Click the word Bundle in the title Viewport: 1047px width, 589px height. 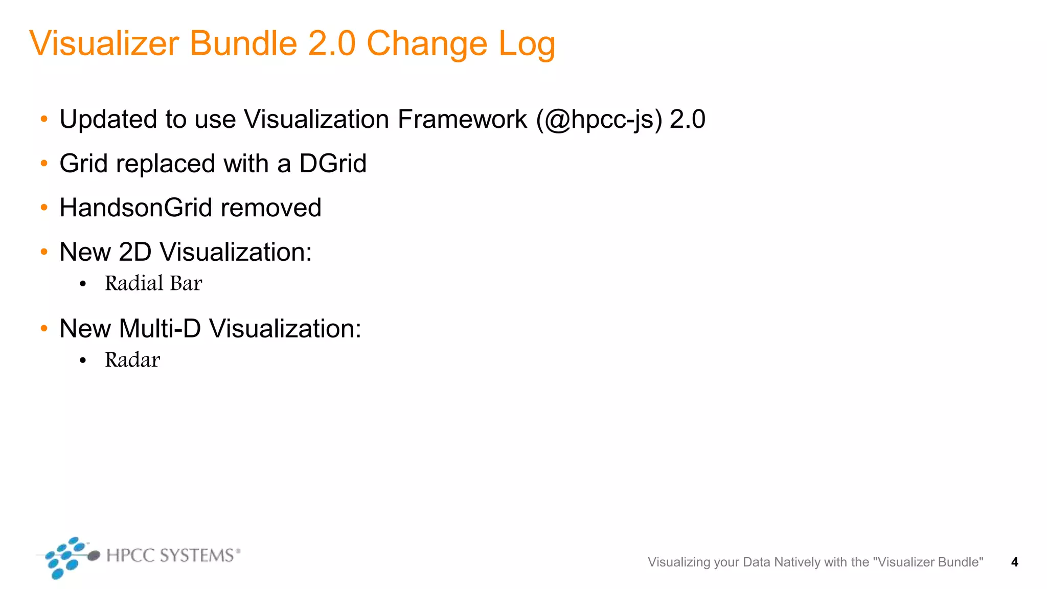pyautogui.click(x=243, y=44)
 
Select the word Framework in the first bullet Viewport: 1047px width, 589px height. pyautogui.click(x=462, y=120)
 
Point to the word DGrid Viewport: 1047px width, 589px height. pyautogui.click(x=333, y=164)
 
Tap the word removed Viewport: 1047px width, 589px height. pyautogui.click(x=271, y=208)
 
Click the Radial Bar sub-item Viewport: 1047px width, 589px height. pyautogui.click(x=153, y=284)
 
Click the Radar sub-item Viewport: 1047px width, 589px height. pyautogui.click(x=132, y=360)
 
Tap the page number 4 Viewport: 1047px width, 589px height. pyautogui.click(x=1014, y=562)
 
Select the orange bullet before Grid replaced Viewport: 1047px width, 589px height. pyautogui.click(x=44, y=164)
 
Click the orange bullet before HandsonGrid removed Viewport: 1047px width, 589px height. pyautogui.click(x=44, y=208)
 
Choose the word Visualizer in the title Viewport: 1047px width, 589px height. pyautogui.click(x=104, y=44)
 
